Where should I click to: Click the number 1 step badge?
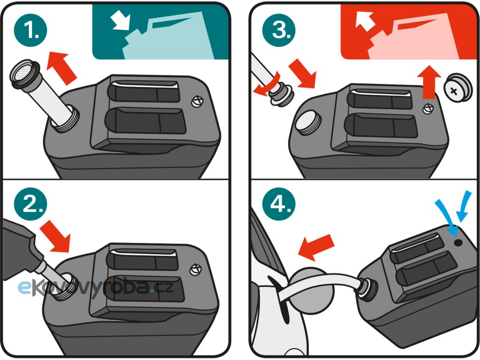(x=30, y=30)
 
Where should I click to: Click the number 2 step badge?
(x=30, y=203)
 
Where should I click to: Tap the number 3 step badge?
(x=279, y=30)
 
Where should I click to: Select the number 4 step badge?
(x=279, y=203)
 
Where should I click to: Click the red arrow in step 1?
(x=62, y=68)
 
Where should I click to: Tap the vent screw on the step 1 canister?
(x=197, y=101)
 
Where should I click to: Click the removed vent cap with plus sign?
(x=457, y=88)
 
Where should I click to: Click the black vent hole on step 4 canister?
(x=458, y=243)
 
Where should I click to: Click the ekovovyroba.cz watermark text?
(x=96, y=287)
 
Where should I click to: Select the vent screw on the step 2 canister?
(x=195, y=270)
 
